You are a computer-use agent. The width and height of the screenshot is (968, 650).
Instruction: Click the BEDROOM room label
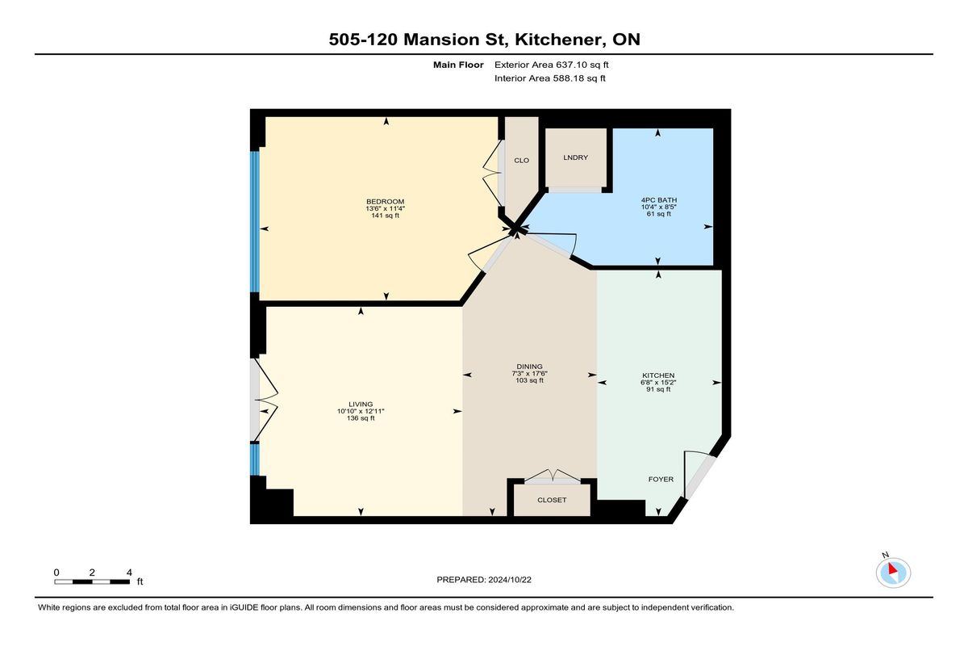pos(385,202)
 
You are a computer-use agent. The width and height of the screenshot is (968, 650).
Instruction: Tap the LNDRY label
pos(576,157)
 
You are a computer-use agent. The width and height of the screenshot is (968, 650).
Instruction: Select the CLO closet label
pos(522,161)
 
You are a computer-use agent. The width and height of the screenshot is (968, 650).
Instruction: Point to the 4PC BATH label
pos(659,200)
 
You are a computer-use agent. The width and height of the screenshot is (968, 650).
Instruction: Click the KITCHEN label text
pos(658,375)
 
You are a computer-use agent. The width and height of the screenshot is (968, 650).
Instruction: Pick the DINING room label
pos(529,367)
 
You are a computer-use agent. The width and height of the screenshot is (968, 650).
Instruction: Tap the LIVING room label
pos(361,405)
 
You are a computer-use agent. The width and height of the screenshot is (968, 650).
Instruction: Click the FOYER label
pos(661,479)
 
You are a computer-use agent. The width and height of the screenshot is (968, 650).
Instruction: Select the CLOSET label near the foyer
pos(552,500)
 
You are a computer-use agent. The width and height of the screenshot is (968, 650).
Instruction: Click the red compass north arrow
pos(893,568)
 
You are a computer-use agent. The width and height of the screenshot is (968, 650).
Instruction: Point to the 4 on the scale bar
pos(129,572)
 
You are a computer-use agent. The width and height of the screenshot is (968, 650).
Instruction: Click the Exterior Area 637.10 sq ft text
pos(552,65)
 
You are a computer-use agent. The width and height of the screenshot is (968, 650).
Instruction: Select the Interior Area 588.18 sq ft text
pos(549,78)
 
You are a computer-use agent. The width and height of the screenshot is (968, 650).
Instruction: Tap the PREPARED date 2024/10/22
pos(510,580)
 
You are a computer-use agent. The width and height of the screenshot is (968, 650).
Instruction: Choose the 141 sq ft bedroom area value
pos(385,216)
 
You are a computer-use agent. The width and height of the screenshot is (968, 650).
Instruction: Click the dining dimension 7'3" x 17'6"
pos(529,374)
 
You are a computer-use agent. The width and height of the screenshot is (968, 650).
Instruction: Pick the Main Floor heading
pos(458,65)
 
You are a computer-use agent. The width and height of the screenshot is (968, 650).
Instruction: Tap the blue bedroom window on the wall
pos(255,221)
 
